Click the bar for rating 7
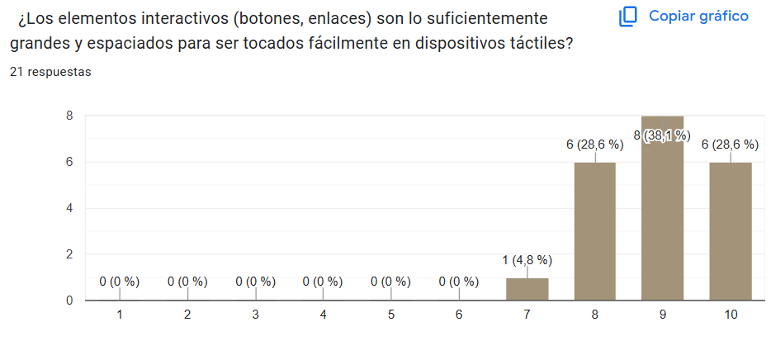coord(527,289)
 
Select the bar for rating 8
coord(594,231)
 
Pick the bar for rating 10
coord(730,231)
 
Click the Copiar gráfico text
coord(698,16)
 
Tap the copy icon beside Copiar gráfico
coord(629,17)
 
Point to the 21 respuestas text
coord(50,72)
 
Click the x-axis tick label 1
coord(120,315)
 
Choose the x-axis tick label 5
coord(390,315)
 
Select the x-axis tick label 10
coord(730,315)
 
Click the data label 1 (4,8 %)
coord(527,260)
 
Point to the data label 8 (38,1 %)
coord(662,135)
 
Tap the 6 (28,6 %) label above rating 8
coord(594,144)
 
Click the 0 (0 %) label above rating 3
coord(255,282)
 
